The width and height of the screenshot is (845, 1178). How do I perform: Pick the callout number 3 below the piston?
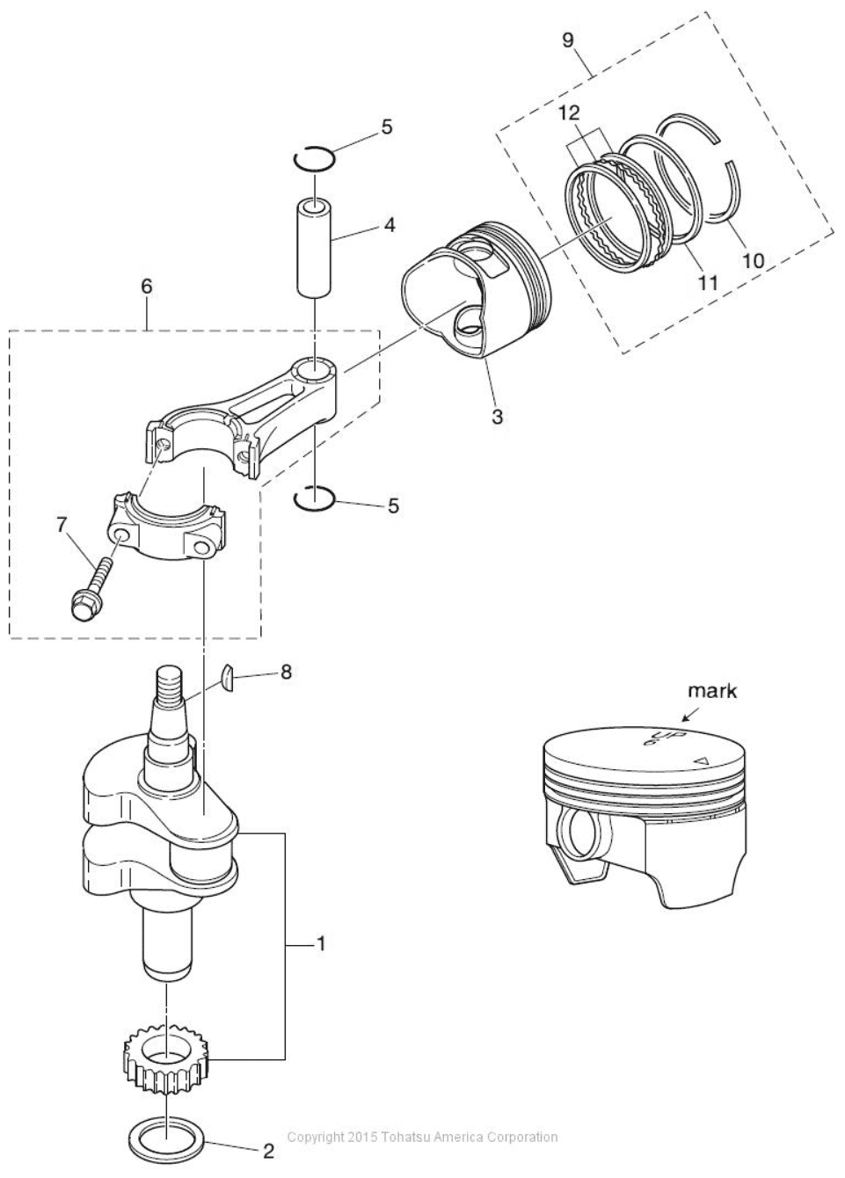pos(497,416)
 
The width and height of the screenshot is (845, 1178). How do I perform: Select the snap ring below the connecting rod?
pos(313,498)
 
